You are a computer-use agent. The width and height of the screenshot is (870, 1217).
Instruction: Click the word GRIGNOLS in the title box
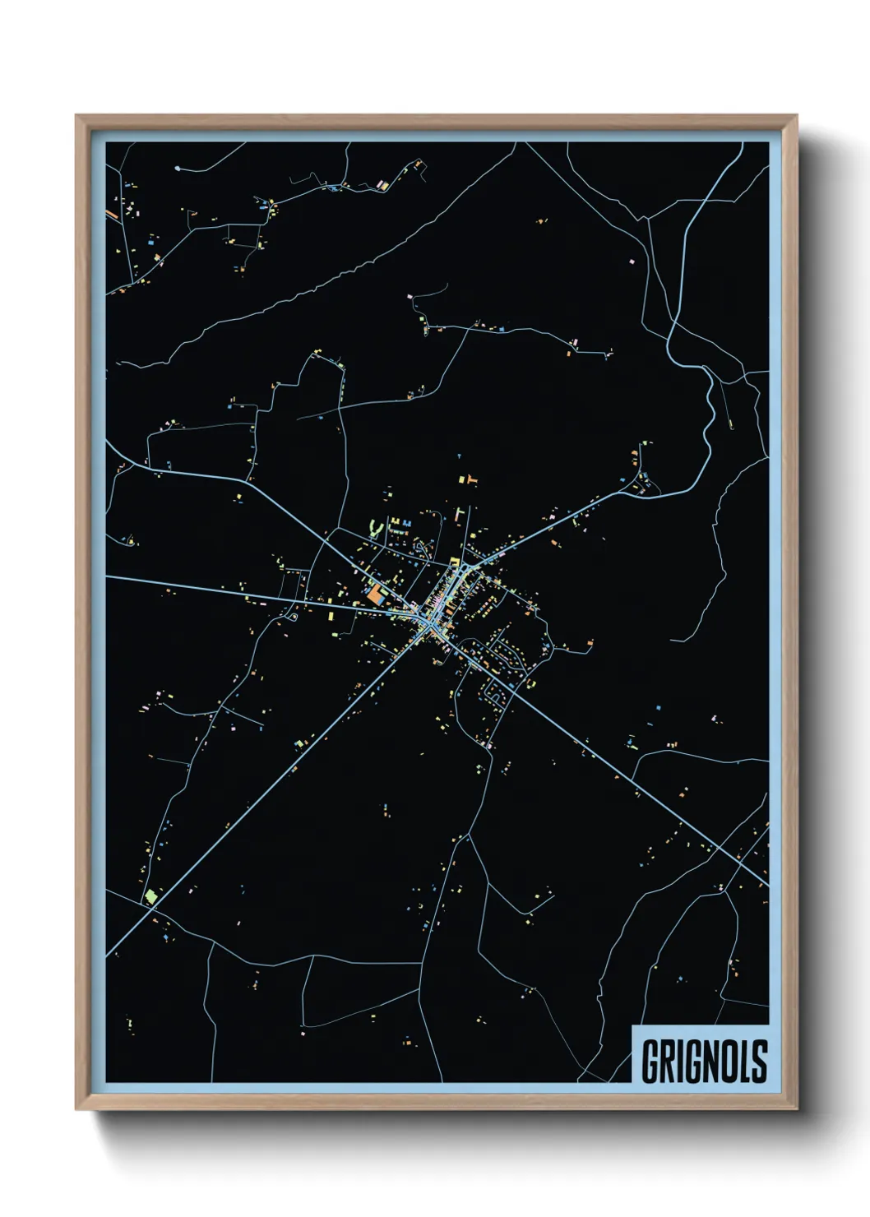(x=704, y=1061)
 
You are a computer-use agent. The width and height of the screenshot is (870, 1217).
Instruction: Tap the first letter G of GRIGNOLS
(x=650, y=1061)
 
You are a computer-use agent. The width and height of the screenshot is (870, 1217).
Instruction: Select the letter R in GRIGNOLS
(x=668, y=1061)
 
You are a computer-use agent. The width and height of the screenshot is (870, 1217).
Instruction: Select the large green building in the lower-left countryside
(x=150, y=895)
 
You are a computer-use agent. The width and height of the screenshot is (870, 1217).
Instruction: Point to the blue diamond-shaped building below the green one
(x=165, y=937)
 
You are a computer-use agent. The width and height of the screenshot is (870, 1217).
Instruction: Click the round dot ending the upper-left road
(x=178, y=169)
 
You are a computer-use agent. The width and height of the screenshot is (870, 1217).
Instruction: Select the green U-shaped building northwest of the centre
(x=377, y=526)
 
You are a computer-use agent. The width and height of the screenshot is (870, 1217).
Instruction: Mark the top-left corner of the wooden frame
(x=76, y=116)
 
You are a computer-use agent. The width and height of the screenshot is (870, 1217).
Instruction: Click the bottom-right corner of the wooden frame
(x=796, y=1109)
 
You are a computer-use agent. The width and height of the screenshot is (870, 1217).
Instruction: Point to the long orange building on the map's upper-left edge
(x=111, y=215)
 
